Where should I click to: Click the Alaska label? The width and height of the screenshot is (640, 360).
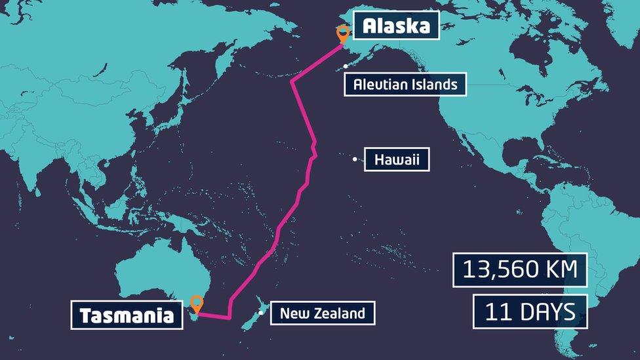pos(396,26)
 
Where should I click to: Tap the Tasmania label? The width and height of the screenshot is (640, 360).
pos(127,315)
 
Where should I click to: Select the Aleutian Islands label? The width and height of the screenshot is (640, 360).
pos(405,84)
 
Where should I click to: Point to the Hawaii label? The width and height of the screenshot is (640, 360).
pos(397,159)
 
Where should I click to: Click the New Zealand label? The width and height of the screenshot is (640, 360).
pos(322,313)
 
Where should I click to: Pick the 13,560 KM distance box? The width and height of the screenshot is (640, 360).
pos(519,270)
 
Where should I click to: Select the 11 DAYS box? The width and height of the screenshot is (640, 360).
pos(530,311)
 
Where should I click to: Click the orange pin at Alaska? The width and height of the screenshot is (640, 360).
pos(342,33)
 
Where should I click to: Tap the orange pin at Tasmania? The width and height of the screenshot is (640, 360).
pos(197,304)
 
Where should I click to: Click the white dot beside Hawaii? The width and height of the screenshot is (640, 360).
pos(355,159)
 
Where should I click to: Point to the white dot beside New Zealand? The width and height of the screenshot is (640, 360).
pos(261,313)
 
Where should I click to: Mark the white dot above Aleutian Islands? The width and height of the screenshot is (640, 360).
pos(346,66)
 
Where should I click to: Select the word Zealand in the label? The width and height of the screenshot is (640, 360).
pos(338,313)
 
